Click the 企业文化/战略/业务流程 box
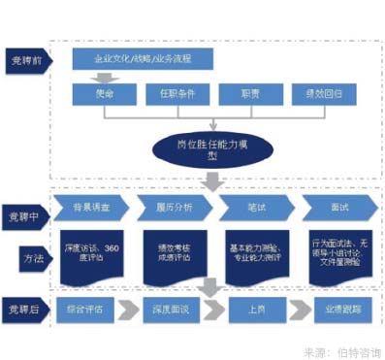pos(142,59)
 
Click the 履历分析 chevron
pos(175,209)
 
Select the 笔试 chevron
pos(254,209)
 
